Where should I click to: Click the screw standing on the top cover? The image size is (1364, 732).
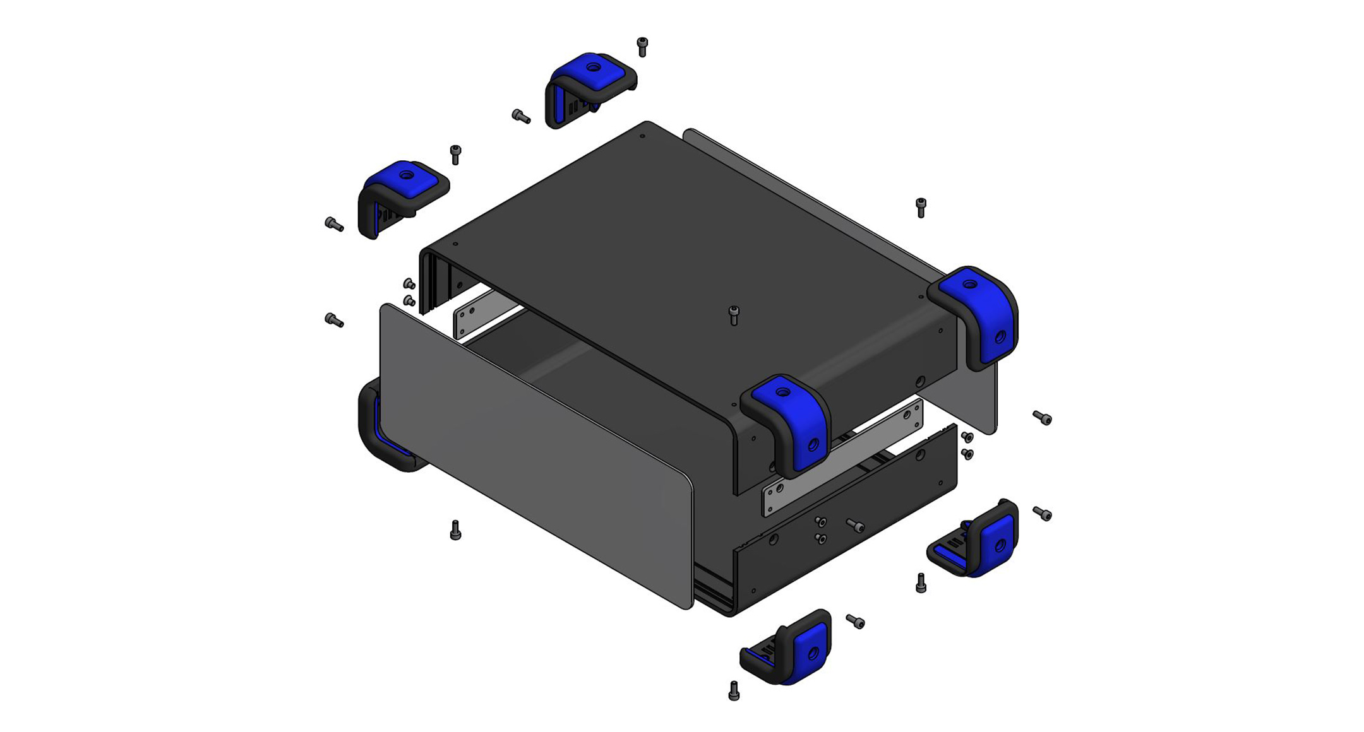733,315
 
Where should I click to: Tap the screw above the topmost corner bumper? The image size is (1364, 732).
642,47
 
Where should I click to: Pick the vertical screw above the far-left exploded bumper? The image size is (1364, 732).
455,154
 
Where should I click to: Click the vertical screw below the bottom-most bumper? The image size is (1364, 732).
733,690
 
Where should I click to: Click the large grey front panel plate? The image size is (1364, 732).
537,454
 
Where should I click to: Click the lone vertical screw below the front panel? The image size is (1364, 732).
455,530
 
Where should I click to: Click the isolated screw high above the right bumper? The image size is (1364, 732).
921,207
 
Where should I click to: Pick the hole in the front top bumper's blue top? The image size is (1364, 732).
783,393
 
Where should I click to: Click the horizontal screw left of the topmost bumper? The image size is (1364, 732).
521,117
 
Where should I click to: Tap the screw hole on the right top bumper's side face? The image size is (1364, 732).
1000,337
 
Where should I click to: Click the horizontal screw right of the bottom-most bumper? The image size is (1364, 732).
856,622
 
